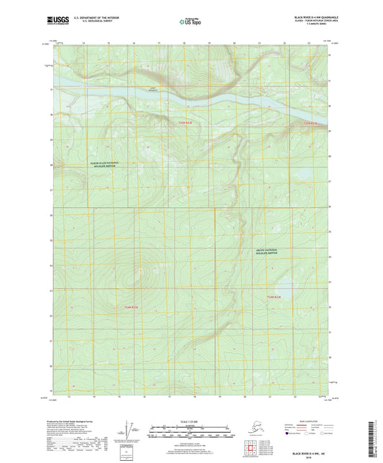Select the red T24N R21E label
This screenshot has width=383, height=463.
(131, 308)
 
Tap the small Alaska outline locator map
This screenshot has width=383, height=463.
(252, 428)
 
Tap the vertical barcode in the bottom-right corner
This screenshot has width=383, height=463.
(376, 436)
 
